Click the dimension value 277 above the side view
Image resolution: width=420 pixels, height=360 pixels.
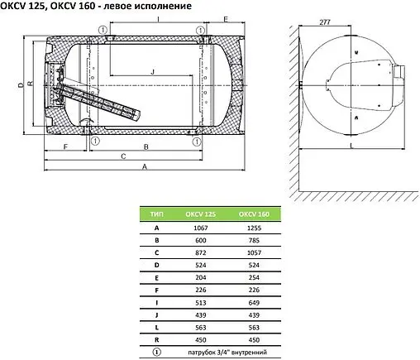point(325,22)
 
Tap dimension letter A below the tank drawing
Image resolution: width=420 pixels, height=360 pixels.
point(145,166)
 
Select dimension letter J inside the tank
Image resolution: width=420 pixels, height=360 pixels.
point(152,72)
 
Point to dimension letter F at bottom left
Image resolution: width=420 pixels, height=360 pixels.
point(65,146)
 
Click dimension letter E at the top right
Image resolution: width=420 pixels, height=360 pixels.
point(226,19)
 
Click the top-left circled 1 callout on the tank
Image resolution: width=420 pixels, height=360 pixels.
point(103,30)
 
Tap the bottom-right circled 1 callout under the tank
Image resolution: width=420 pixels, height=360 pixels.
point(197,142)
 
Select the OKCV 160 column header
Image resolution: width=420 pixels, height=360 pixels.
point(254,214)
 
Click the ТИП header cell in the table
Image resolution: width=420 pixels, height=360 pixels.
point(156,214)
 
